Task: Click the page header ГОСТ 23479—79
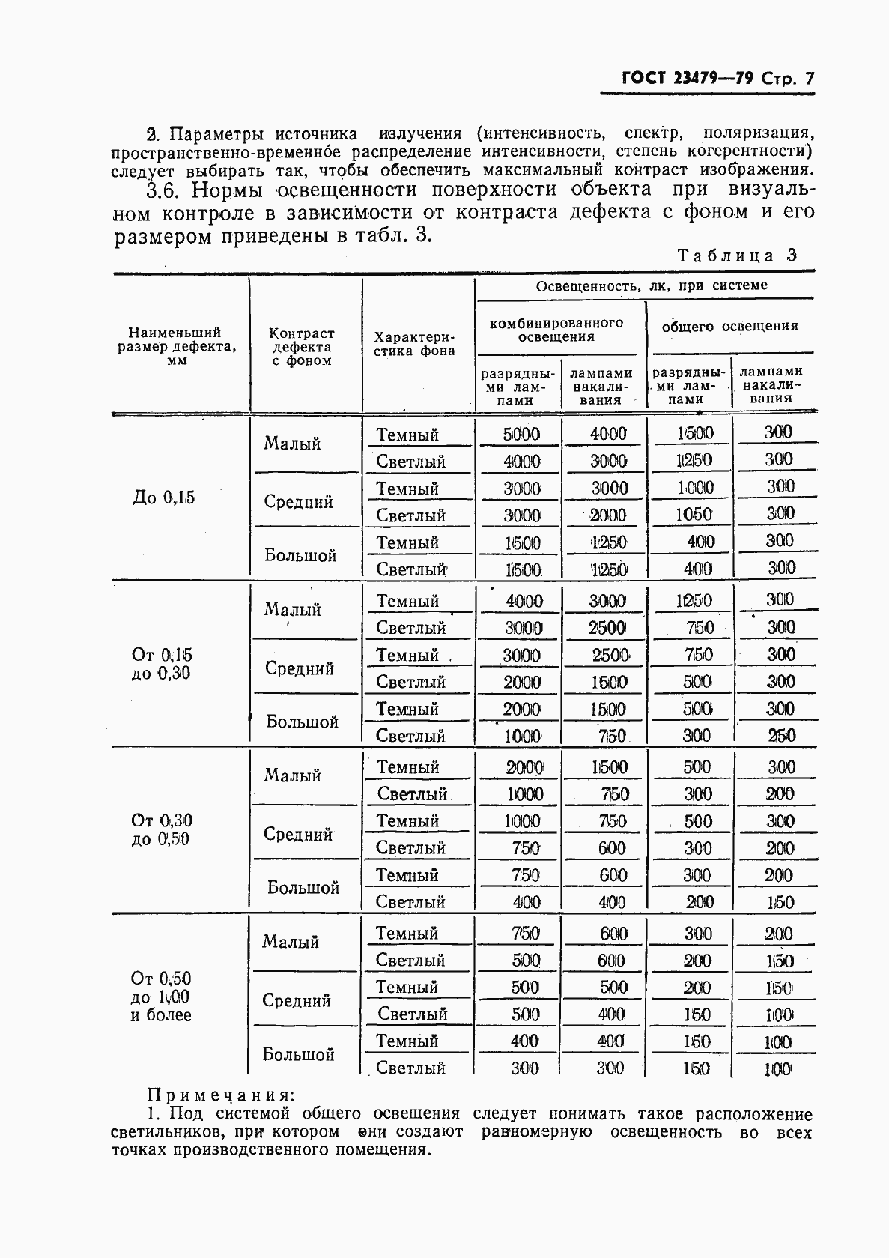(678, 79)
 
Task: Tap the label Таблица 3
(737, 255)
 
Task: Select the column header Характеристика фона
(414, 344)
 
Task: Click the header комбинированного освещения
(556, 330)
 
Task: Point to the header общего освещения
(729, 326)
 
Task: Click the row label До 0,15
(163, 498)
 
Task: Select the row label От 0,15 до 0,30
(161, 664)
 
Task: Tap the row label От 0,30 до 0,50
(161, 830)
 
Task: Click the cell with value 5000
(521, 434)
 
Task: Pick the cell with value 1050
(694, 515)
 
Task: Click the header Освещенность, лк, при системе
(651, 285)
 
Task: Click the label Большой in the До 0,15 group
(300, 556)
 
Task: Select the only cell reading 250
(781, 736)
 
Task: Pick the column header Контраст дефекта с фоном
(301, 347)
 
